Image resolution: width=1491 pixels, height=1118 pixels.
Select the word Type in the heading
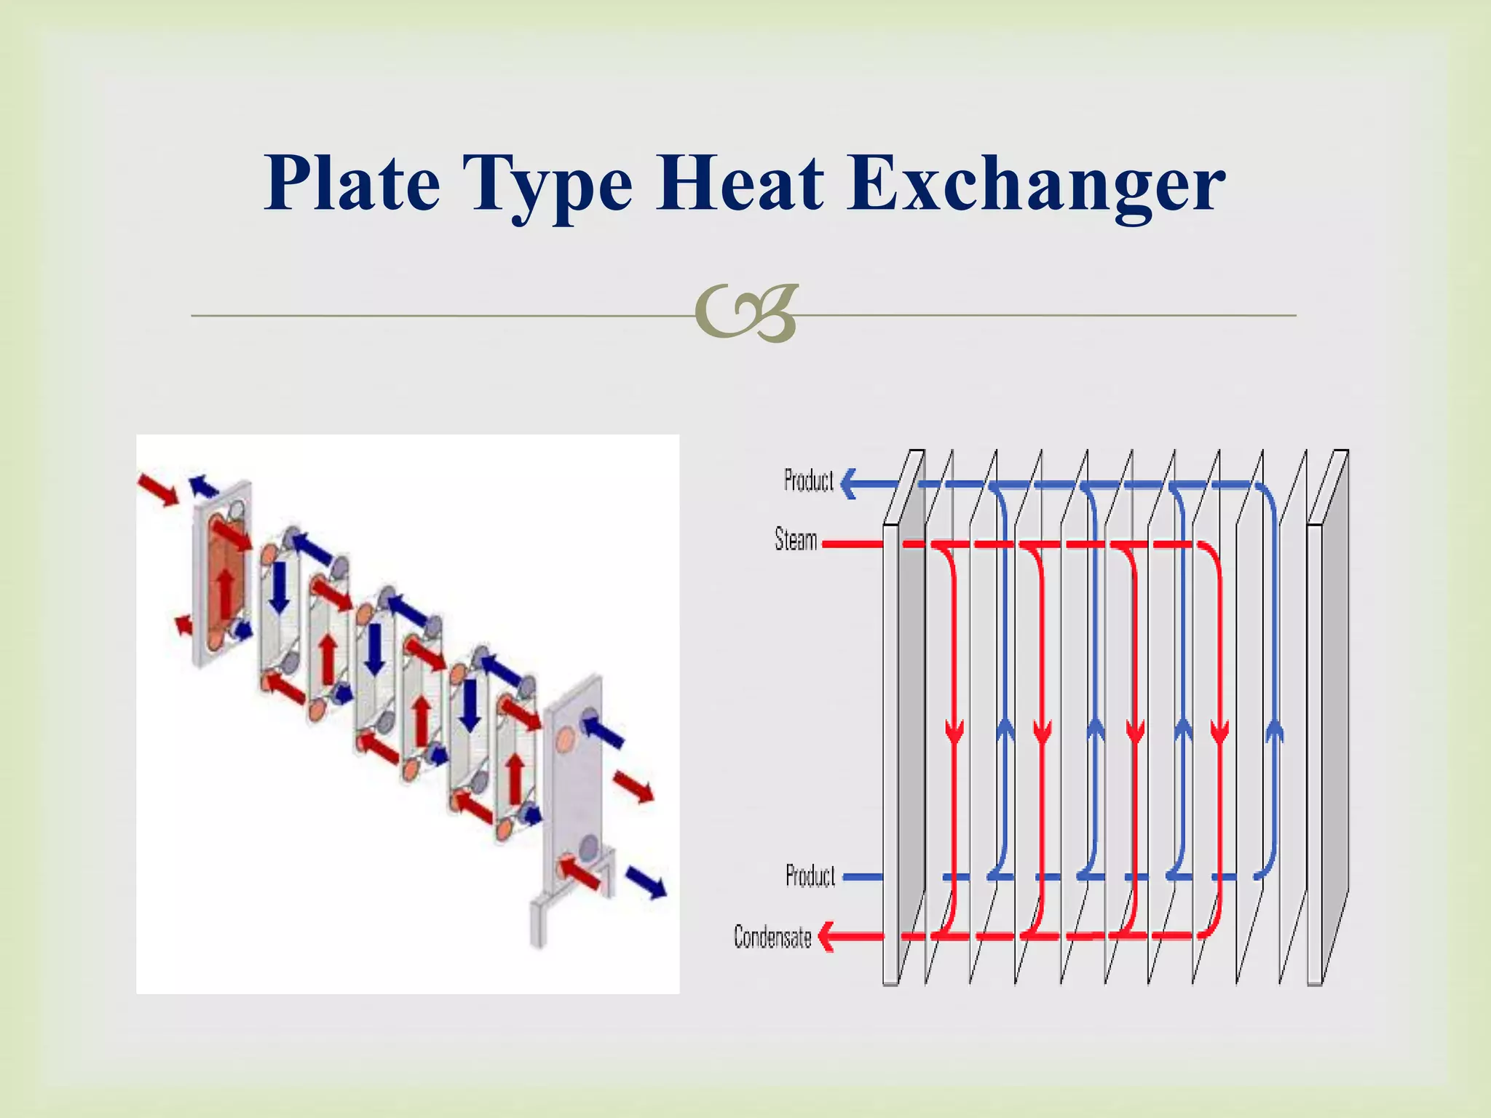pyautogui.click(x=551, y=183)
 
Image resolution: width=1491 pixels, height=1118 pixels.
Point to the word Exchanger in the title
pyautogui.click(x=1035, y=183)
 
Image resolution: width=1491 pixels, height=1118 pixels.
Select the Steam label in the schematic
pyautogui.click(x=796, y=540)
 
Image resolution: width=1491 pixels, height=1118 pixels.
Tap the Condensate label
pyautogui.click(x=772, y=937)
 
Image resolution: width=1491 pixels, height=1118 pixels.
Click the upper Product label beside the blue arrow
pyautogui.click(x=808, y=481)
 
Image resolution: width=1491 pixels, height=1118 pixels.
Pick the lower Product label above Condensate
pyautogui.click(x=810, y=876)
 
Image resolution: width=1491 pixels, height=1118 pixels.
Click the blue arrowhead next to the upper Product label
pyautogui.click(x=849, y=483)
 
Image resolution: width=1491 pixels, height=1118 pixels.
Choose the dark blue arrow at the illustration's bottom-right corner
pyautogui.click(x=646, y=882)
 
